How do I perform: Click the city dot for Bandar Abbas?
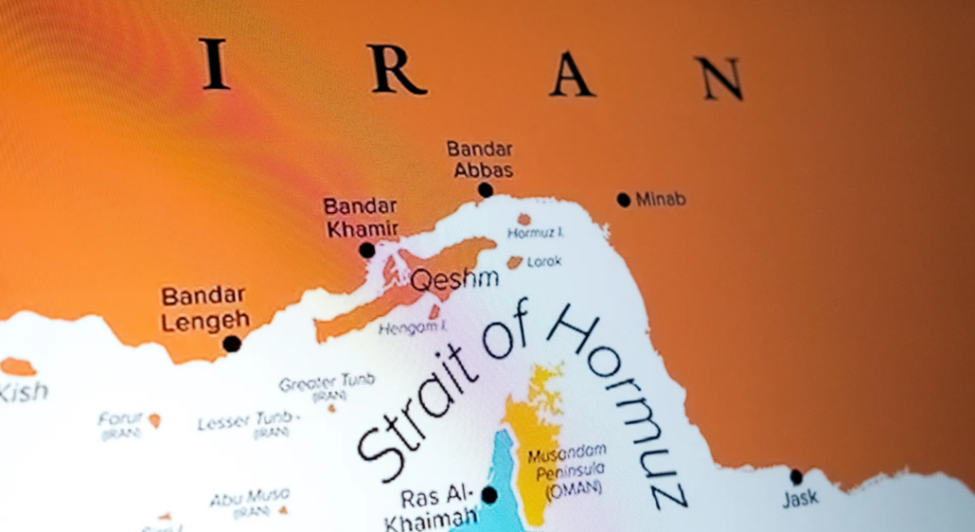click(x=486, y=190)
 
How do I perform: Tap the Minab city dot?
click(x=624, y=200)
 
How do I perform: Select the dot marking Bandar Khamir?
click(x=368, y=250)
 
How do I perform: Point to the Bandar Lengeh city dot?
click(x=231, y=344)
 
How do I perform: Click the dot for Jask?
click(x=796, y=478)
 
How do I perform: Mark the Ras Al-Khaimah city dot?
click(x=489, y=495)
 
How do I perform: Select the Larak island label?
click(x=545, y=261)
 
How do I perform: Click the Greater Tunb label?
click(x=327, y=383)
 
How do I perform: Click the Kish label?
click(x=23, y=391)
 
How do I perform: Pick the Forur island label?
click(x=120, y=419)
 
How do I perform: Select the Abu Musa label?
click(x=249, y=497)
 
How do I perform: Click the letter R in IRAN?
click(x=397, y=69)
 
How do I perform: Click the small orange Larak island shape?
click(x=515, y=262)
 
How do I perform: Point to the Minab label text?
click(x=661, y=200)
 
